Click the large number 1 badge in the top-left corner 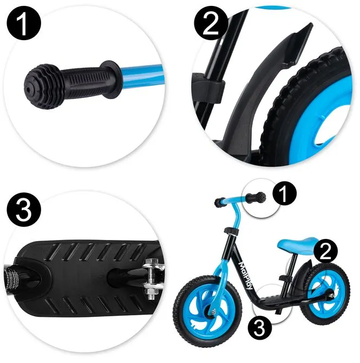coord(24,24)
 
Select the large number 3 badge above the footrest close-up coord(24,210)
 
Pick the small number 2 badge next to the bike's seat coord(325,251)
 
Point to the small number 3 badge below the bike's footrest coord(260,328)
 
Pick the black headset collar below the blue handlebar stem coord(231,231)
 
